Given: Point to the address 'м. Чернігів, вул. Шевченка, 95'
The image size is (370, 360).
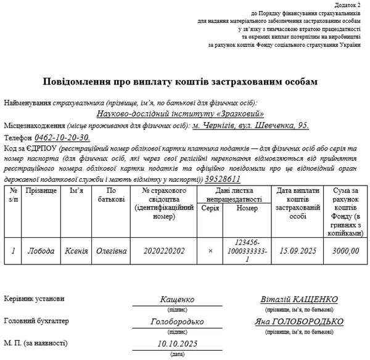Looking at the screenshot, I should pyautogui.click(x=250, y=125).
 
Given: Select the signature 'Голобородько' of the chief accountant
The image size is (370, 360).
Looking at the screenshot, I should pyautogui.click(x=177, y=321).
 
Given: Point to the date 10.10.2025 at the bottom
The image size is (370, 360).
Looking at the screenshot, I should pyautogui.click(x=177, y=343).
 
